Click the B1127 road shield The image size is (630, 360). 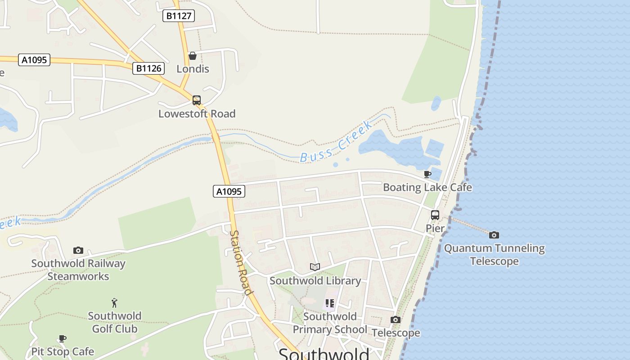pyautogui.click(x=179, y=16)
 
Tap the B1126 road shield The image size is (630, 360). pyautogui.click(x=148, y=68)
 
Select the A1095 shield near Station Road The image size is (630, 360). pyautogui.click(x=229, y=191)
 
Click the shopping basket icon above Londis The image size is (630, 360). pyautogui.click(x=193, y=56)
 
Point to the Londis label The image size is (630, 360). pyautogui.click(x=193, y=69)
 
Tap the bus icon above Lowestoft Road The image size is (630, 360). pyautogui.click(x=197, y=100)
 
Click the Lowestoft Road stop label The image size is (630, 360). pyautogui.click(x=197, y=114)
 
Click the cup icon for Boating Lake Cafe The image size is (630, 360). pyautogui.click(x=427, y=174)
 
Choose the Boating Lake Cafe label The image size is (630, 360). pyautogui.click(x=427, y=187)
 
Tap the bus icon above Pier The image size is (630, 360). pyautogui.click(x=435, y=215)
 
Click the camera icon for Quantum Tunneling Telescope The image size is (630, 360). pyautogui.click(x=494, y=235)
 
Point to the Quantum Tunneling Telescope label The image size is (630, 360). pyautogui.click(x=494, y=255)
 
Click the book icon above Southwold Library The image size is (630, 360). pyautogui.click(x=315, y=267)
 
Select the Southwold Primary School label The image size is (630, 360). pyautogui.click(x=330, y=323)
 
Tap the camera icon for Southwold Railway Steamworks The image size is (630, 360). pyautogui.click(x=78, y=250)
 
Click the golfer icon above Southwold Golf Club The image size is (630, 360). pyautogui.click(x=114, y=302)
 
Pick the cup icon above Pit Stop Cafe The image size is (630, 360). pyautogui.click(x=63, y=338)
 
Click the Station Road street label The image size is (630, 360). pyautogui.click(x=241, y=263)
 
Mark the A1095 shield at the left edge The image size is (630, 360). pyautogui.click(x=34, y=60)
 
